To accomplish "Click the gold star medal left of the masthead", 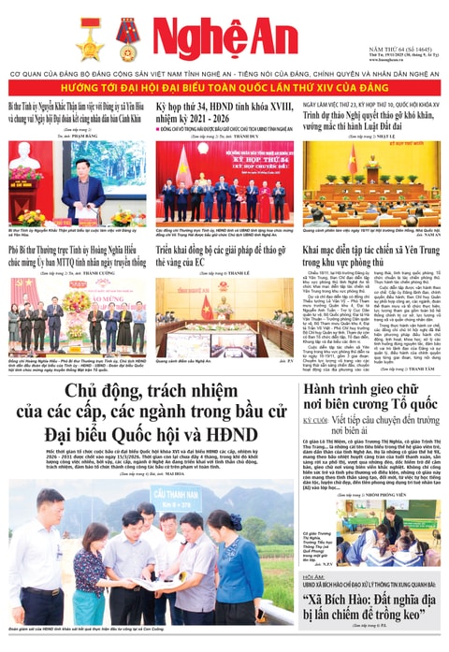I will coord(92,38).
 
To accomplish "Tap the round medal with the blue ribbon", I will coord(127,38).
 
